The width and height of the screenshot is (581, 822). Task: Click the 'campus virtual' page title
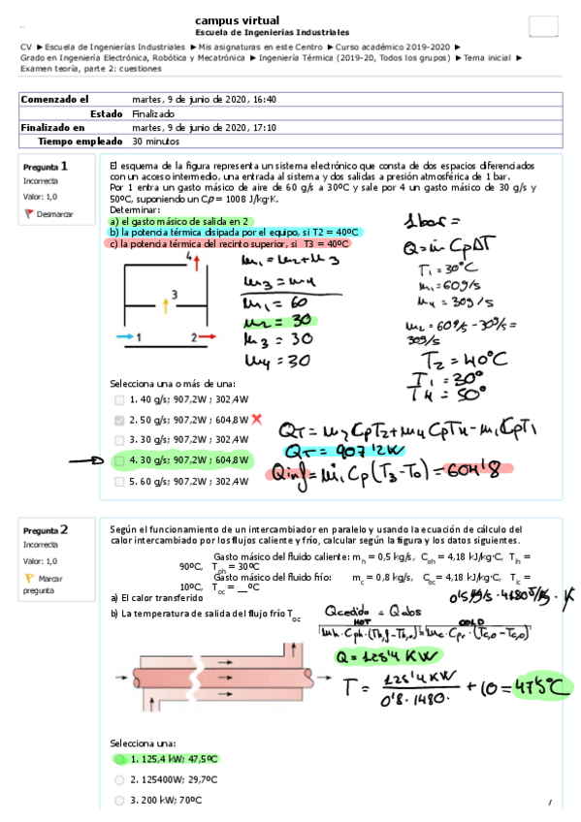(x=238, y=19)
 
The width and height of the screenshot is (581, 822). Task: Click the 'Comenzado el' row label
(x=55, y=99)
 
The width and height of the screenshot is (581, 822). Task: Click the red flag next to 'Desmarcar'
(x=29, y=213)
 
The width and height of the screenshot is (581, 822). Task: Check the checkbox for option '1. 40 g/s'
(x=118, y=399)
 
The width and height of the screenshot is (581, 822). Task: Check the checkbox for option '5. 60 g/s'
(x=118, y=481)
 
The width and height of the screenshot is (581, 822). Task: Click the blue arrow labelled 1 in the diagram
(x=125, y=336)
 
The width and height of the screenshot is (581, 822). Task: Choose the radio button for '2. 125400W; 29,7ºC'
(x=118, y=779)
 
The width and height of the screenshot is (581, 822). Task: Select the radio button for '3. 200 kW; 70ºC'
(x=118, y=801)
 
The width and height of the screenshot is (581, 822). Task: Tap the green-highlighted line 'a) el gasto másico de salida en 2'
(x=180, y=221)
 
